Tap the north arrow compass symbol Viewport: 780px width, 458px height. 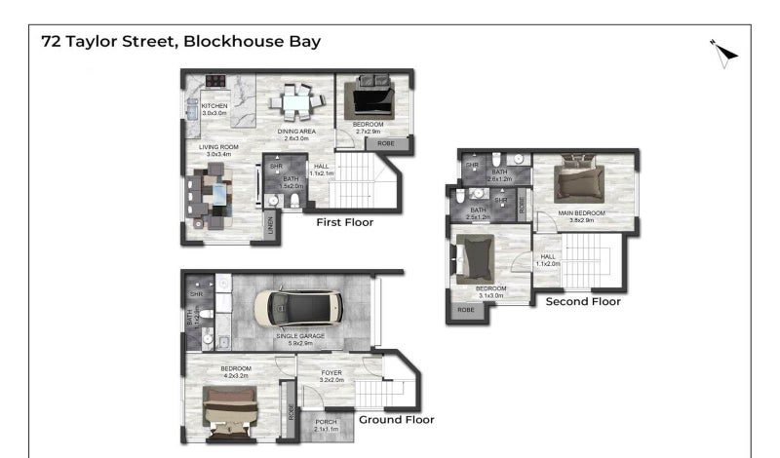point(723,54)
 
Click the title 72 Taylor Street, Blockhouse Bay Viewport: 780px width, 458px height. point(180,42)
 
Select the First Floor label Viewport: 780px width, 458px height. point(344,222)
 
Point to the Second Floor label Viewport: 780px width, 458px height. point(582,301)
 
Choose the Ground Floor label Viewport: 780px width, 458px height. point(396,420)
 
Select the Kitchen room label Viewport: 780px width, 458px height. point(214,108)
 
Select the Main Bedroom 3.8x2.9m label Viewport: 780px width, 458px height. point(581,215)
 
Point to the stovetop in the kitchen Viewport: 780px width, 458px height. point(214,82)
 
